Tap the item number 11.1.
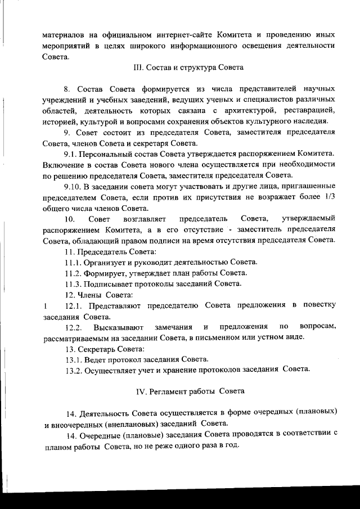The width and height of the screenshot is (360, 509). tap(73, 262)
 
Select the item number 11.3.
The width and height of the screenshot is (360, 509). tap(73, 283)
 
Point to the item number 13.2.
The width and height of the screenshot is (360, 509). tap(73, 369)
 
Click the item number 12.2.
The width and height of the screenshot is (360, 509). tap(74, 327)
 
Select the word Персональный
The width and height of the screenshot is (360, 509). tap(108, 154)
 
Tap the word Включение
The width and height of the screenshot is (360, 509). tap(64, 165)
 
